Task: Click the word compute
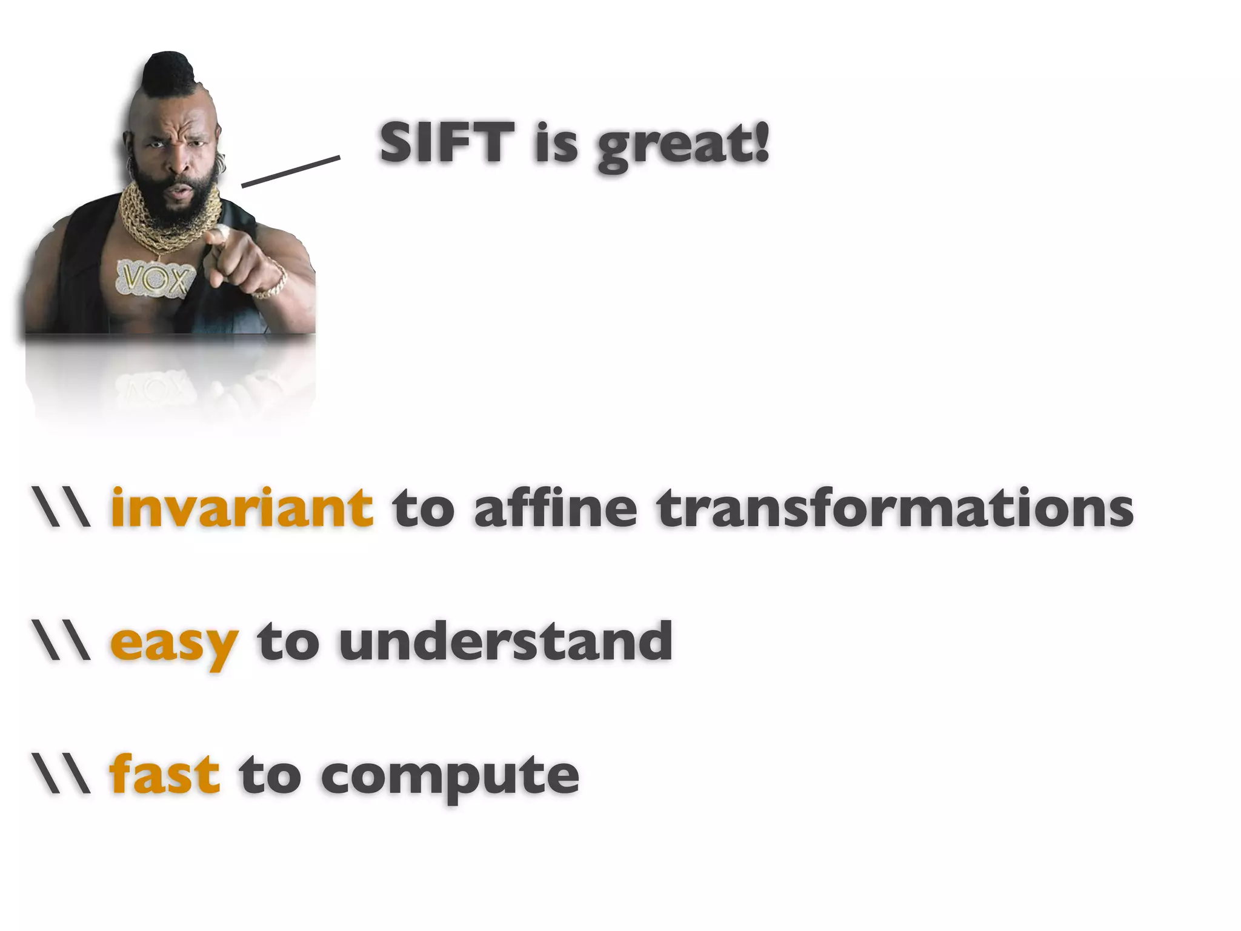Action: (x=450, y=777)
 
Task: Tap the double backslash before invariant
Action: (x=62, y=508)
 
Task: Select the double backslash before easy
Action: (x=62, y=641)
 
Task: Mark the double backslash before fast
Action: (x=62, y=775)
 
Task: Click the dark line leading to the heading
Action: (x=290, y=172)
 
